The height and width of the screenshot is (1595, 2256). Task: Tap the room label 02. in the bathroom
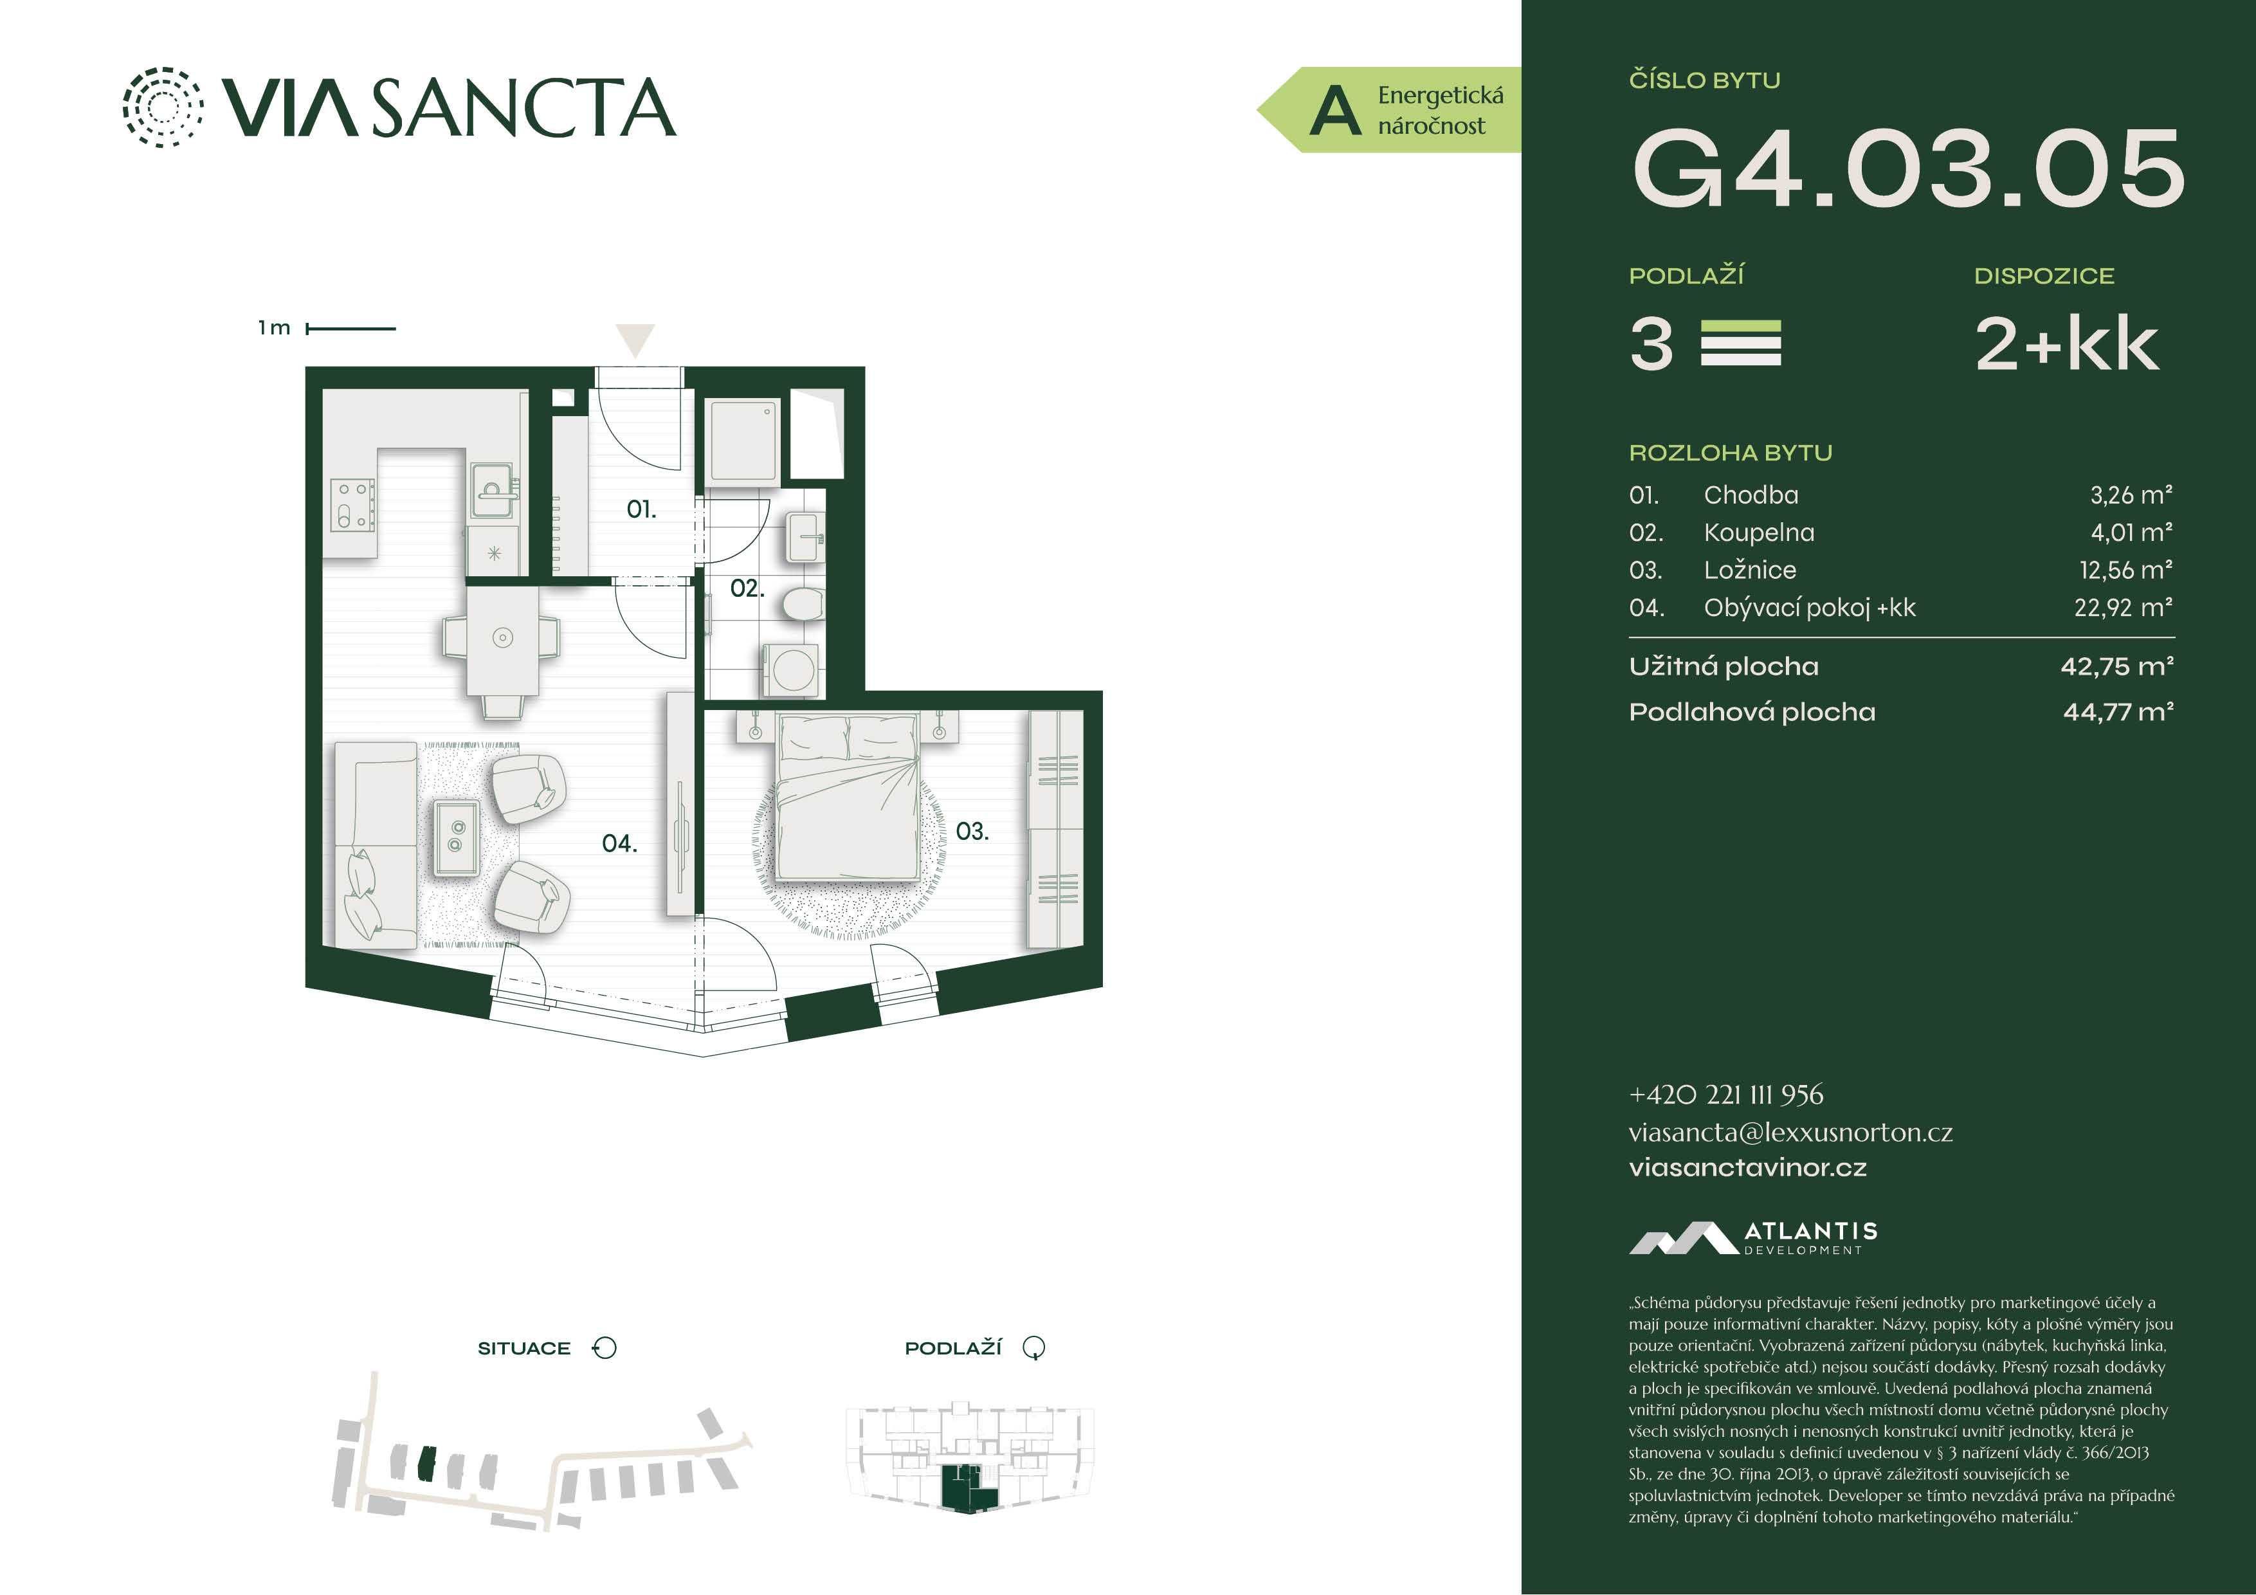747,588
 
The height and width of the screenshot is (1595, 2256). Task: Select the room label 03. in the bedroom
972,832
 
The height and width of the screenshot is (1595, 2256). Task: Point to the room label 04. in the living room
619,843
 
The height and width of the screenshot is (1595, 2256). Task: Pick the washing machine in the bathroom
791,670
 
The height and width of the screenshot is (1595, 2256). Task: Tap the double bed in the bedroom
849,796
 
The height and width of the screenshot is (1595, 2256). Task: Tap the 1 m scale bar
350,328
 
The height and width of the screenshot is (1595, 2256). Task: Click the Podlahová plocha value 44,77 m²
2118,711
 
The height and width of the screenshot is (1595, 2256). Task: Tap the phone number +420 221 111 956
1726,1095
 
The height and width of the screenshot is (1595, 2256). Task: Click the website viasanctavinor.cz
1748,1167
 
